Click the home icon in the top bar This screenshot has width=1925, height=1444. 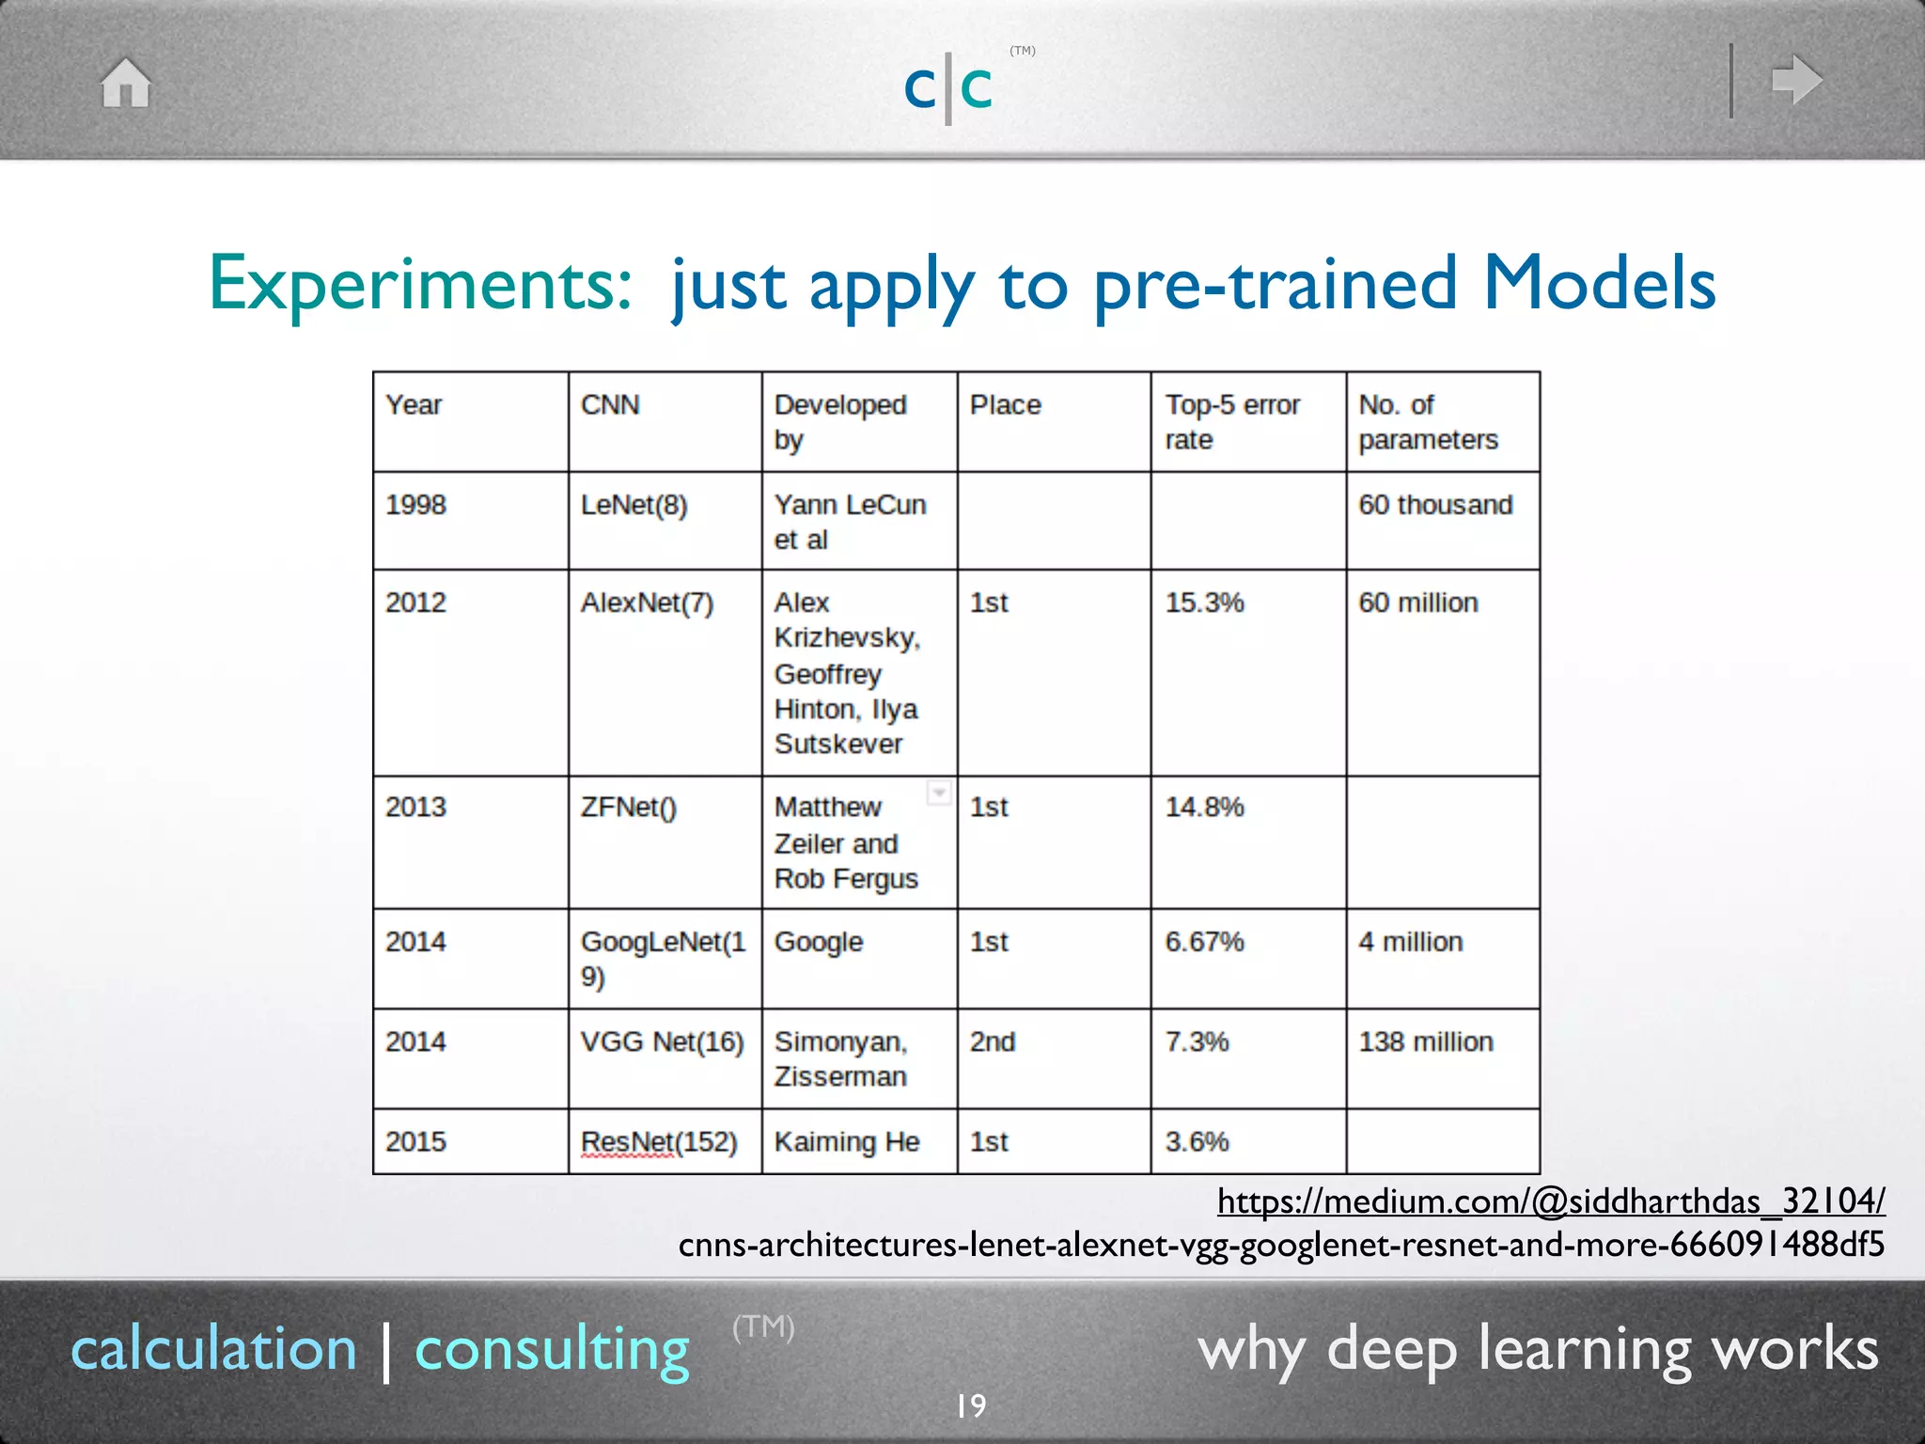click(126, 83)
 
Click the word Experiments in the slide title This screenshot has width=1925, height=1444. click(420, 283)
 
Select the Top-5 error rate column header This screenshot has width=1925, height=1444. click(1232, 422)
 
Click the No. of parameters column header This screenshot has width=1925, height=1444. click(1428, 422)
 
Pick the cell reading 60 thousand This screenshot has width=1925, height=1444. click(1435, 505)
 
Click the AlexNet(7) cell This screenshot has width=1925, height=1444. click(647, 603)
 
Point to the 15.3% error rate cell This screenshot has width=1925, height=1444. click(1204, 603)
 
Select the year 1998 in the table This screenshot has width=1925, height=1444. click(415, 505)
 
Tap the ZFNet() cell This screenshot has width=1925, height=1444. click(628, 808)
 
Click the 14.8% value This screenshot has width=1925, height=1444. click(1204, 808)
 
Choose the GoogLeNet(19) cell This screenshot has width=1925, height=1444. click(663, 958)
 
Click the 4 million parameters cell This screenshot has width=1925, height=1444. click(1410, 942)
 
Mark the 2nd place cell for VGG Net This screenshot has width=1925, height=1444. click(993, 1042)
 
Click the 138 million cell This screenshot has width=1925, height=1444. click(1425, 1042)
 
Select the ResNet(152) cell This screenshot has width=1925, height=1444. click(659, 1141)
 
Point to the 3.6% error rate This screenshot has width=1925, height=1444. click(1197, 1141)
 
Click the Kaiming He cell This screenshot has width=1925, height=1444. click(846, 1141)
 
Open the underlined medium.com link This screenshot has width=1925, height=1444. click(1550, 1201)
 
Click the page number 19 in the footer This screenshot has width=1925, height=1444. click(971, 1405)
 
